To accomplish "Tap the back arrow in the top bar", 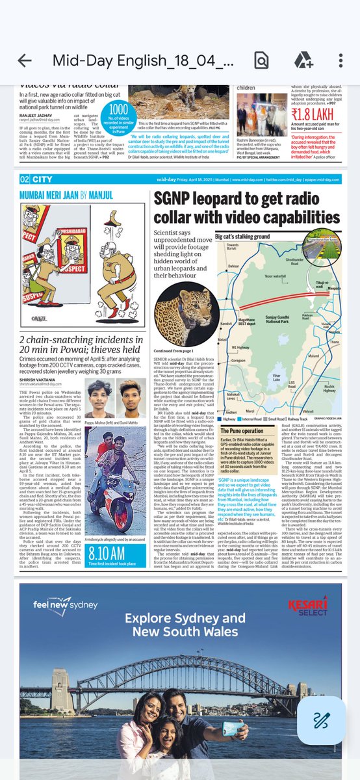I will (x=25, y=60).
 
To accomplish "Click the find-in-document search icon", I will (x=261, y=60).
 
